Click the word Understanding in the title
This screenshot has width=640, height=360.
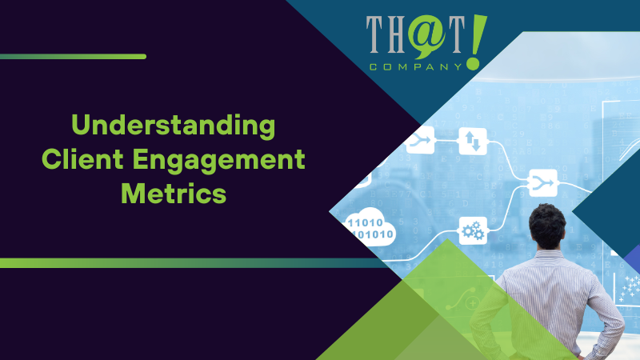point(173,126)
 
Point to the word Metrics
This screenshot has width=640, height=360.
point(173,194)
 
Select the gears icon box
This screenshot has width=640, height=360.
point(471,231)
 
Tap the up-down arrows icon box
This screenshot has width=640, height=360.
point(471,142)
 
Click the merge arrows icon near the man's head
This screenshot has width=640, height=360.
point(543,183)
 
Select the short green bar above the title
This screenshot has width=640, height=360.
point(73,57)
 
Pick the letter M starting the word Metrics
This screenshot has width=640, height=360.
point(132,194)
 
